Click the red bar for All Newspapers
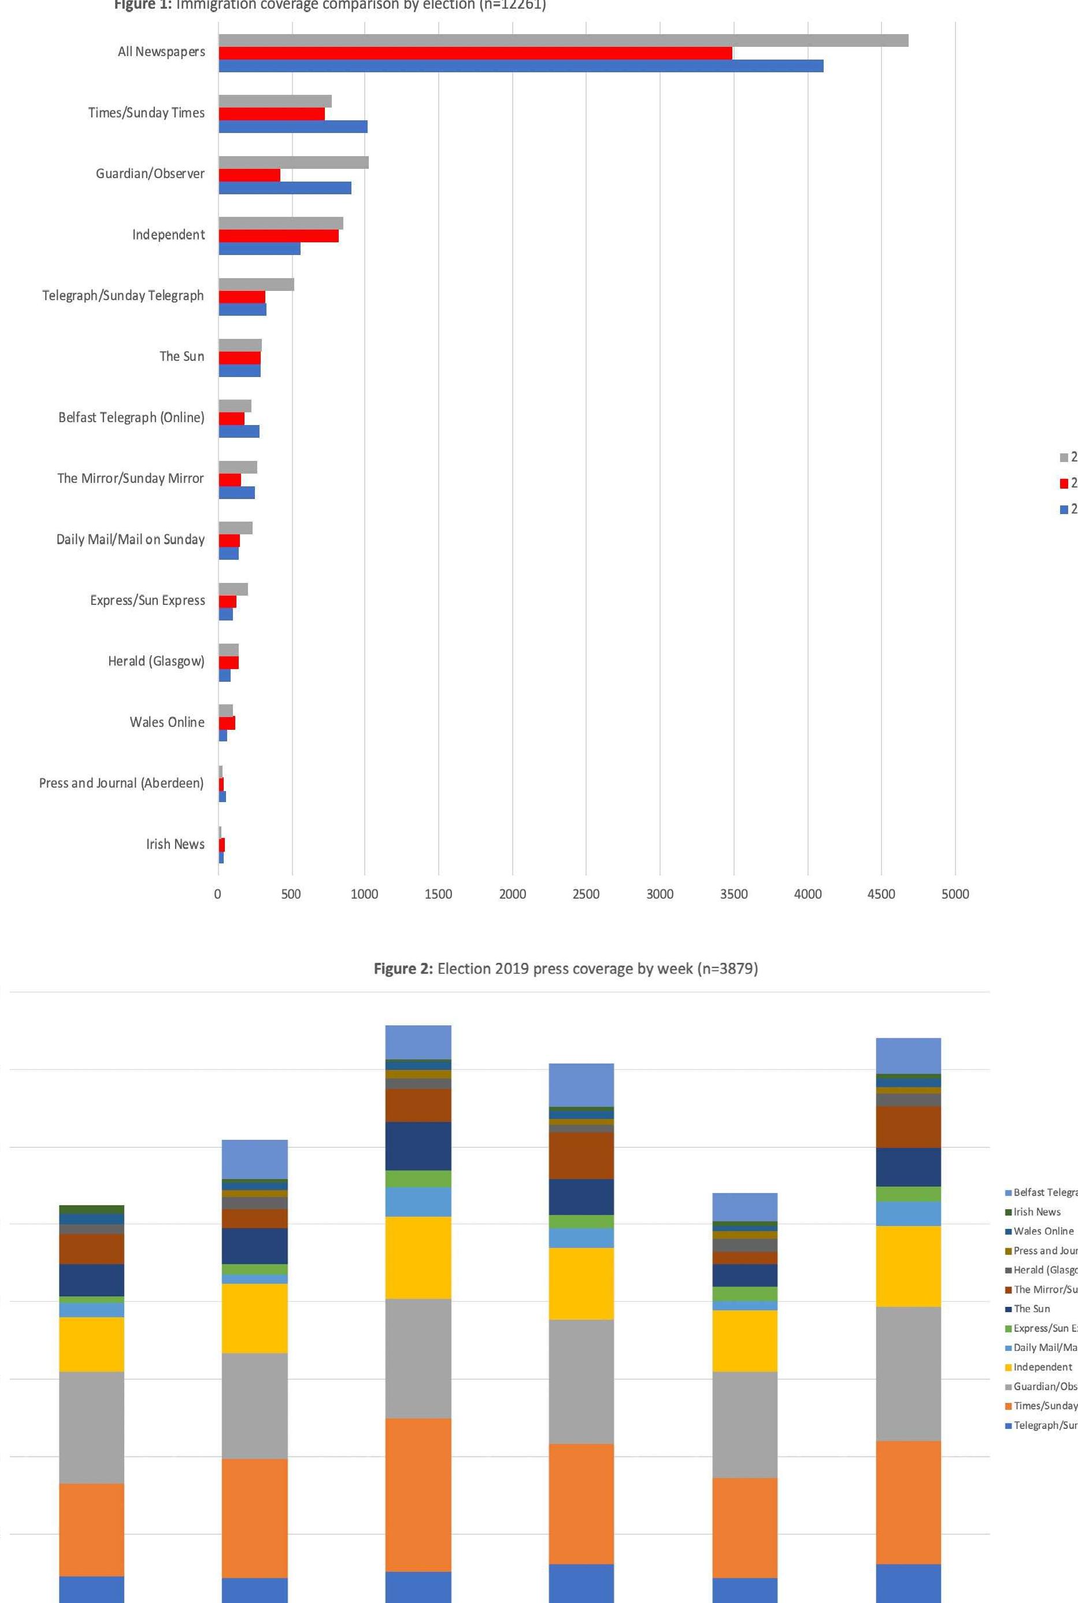pyautogui.click(x=475, y=53)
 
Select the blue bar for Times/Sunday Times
pyautogui.click(x=293, y=127)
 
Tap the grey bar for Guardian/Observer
pyautogui.click(x=294, y=162)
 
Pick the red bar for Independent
pyautogui.click(x=279, y=236)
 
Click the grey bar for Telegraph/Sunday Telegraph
pyautogui.click(x=257, y=285)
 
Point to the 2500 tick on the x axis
pyautogui.click(x=586, y=894)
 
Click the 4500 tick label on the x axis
pyautogui.click(x=881, y=894)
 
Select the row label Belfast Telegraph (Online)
pyautogui.click(x=131, y=418)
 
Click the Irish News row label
pyautogui.click(x=175, y=844)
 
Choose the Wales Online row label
pyautogui.click(x=167, y=722)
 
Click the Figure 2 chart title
pyautogui.click(x=565, y=969)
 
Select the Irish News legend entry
pyautogui.click(x=1037, y=1212)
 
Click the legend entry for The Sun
pyautogui.click(x=1031, y=1309)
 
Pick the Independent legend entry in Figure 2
pyautogui.click(x=1042, y=1366)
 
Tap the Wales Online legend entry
pyautogui.click(x=1043, y=1231)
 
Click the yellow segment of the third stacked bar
pyautogui.click(x=418, y=1257)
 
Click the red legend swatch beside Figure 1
pyautogui.click(x=1064, y=483)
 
